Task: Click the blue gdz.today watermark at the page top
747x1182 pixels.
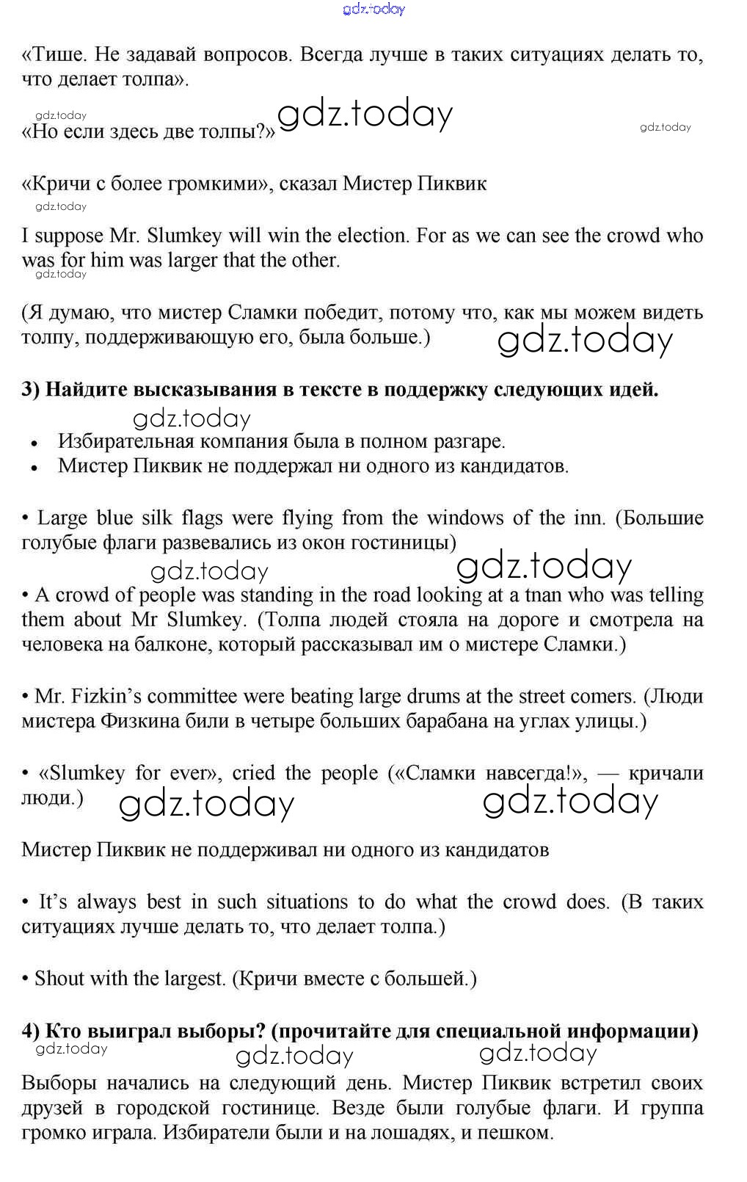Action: tap(373, 10)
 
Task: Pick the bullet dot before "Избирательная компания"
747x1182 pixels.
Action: tap(34, 443)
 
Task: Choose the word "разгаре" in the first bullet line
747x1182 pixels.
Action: tap(466, 442)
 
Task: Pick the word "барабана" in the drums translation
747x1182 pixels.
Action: tap(454, 721)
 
